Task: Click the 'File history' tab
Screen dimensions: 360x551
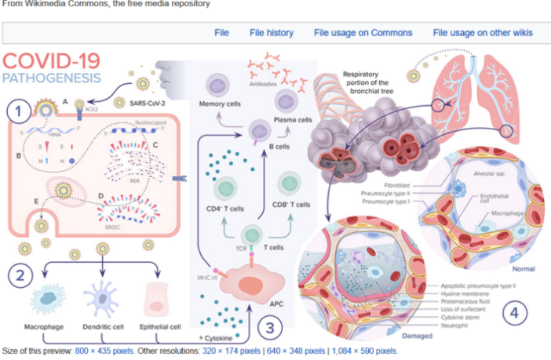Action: click(272, 33)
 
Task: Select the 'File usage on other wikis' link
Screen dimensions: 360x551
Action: click(483, 33)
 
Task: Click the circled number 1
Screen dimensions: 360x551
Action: click(19, 111)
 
